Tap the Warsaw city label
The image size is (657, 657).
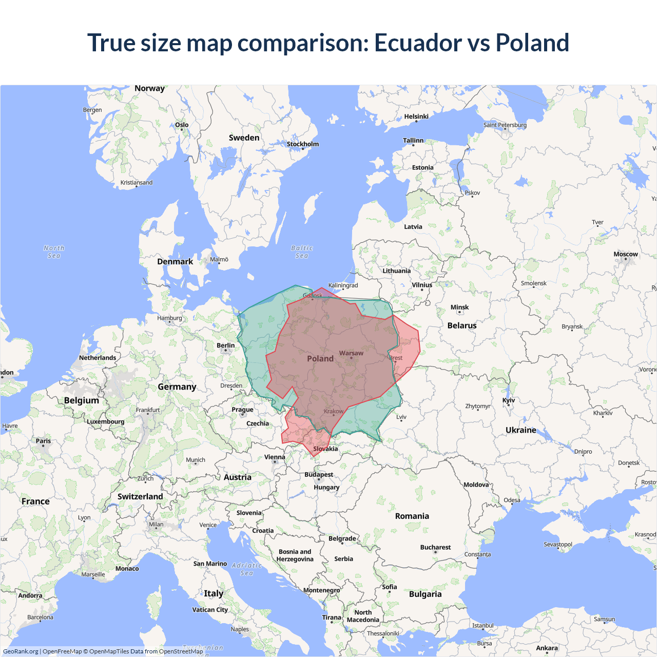351,353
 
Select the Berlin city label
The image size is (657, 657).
225,345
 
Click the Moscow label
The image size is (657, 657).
625,254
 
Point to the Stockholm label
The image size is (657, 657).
303,144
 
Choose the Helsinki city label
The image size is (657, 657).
416,117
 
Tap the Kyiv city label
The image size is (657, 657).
509,400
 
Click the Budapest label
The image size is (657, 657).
319,475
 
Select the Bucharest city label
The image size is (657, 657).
435,547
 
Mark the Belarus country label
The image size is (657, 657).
462,325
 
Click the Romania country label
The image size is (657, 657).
412,516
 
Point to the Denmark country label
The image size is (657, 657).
175,261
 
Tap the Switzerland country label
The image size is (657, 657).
140,496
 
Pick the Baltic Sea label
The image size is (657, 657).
302,252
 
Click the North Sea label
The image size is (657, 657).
54,252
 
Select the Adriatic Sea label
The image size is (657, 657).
246,569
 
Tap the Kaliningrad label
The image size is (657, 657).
343,285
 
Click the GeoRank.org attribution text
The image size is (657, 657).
21,651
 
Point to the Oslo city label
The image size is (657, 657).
182,125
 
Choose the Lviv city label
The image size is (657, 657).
401,417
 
